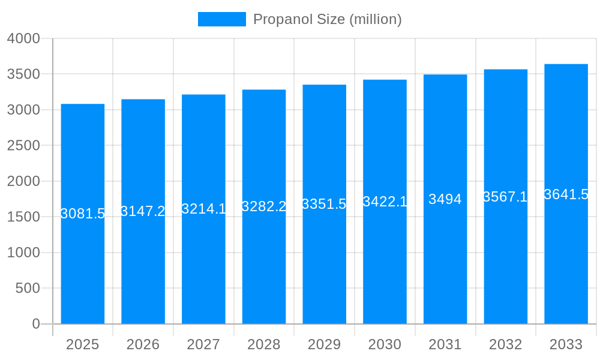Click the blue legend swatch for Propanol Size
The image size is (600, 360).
tap(221, 19)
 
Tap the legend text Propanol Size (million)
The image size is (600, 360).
tap(327, 19)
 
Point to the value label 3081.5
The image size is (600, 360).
tap(83, 214)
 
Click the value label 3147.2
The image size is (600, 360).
tap(143, 211)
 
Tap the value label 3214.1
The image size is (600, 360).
tap(203, 209)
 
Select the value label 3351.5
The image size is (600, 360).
tap(324, 204)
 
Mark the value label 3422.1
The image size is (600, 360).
tap(385, 202)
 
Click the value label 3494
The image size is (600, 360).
tap(445, 199)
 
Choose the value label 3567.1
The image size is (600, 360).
tap(505, 197)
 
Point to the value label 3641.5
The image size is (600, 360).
tap(566, 194)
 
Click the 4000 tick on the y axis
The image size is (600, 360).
tap(23, 38)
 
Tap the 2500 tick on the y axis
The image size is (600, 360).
tap(23, 145)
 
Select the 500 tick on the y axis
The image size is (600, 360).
tap(28, 288)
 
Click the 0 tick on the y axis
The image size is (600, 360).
tap(35, 324)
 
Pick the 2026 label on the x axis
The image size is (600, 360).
tap(143, 344)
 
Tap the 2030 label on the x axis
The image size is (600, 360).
tap(385, 344)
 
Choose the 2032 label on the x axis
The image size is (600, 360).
tap(505, 344)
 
